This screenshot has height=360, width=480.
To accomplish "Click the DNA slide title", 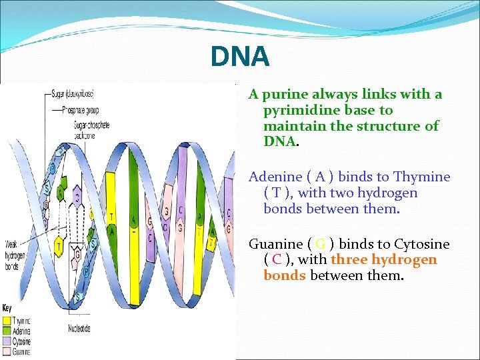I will coord(240,57).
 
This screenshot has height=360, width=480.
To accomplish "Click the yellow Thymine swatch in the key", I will coord(7,321).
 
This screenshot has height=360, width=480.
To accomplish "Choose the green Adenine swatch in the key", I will coord(7,330).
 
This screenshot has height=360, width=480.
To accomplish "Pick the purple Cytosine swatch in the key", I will coord(7,339).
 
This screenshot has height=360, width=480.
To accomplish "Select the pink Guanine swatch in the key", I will coord(7,348).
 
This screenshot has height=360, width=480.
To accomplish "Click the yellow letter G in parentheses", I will coord(320,244).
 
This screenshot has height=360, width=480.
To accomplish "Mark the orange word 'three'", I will coord(349,259).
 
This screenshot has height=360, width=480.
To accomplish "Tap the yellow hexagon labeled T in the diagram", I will coord(59,246).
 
